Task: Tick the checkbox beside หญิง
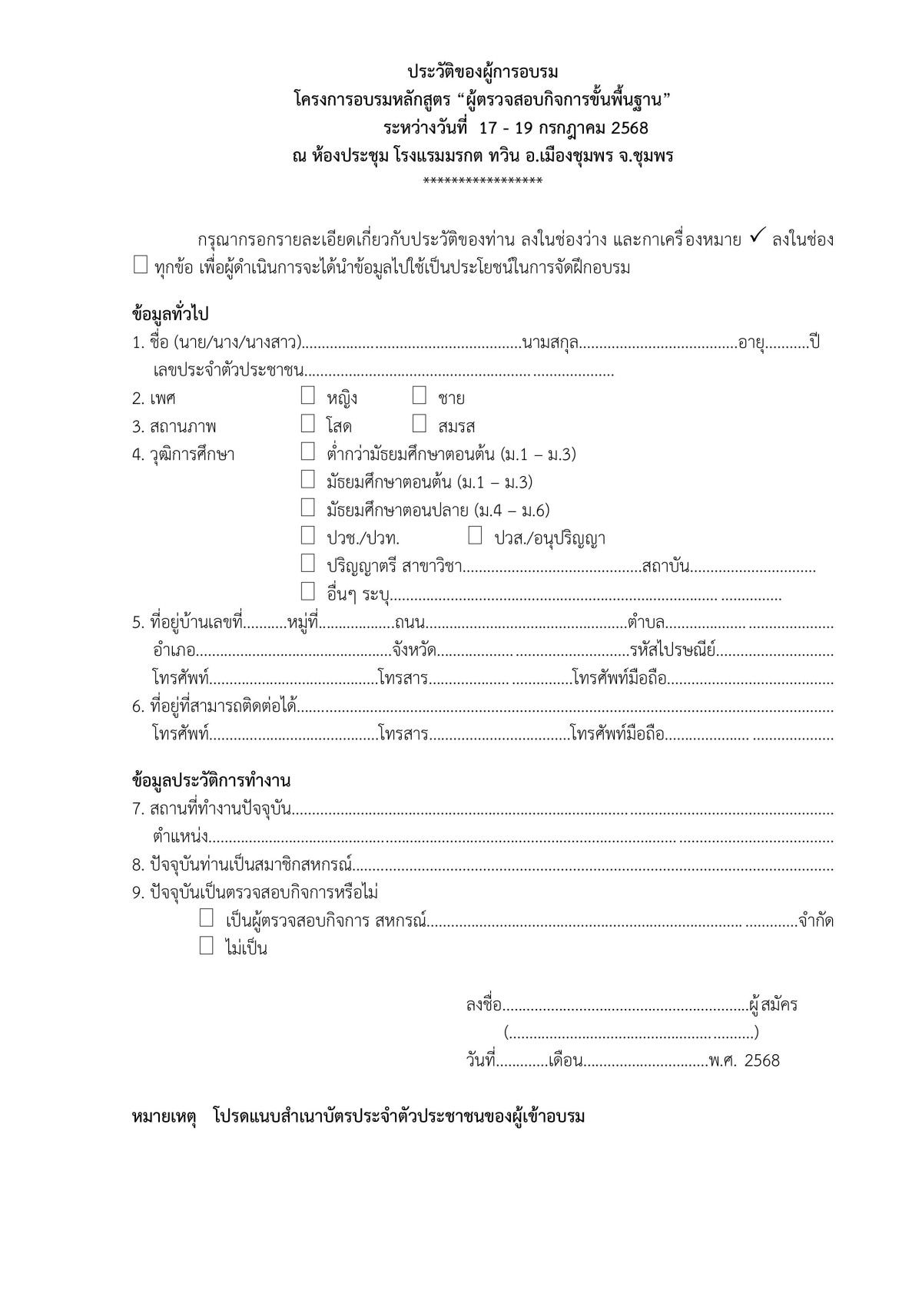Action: pos(308,396)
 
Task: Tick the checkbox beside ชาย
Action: pos(419,396)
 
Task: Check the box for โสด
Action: pos(308,424)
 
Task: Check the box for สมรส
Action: pos(419,424)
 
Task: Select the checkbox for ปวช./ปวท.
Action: pos(308,536)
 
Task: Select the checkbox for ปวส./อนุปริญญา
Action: pos(476,536)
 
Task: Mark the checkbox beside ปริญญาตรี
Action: pos(308,564)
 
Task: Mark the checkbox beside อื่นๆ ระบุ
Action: pos(308,592)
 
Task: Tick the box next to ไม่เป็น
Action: pos(207,946)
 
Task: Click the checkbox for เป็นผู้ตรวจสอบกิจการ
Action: pos(207,918)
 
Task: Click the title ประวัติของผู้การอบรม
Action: pos(483,72)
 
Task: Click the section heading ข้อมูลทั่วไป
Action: pos(171,314)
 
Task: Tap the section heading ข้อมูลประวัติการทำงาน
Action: pos(211,781)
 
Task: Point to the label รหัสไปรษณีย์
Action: pos(672,651)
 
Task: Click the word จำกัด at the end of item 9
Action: pos(816,921)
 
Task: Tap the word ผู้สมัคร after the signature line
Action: pos(773,1004)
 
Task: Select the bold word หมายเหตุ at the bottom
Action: pos(164,1116)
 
